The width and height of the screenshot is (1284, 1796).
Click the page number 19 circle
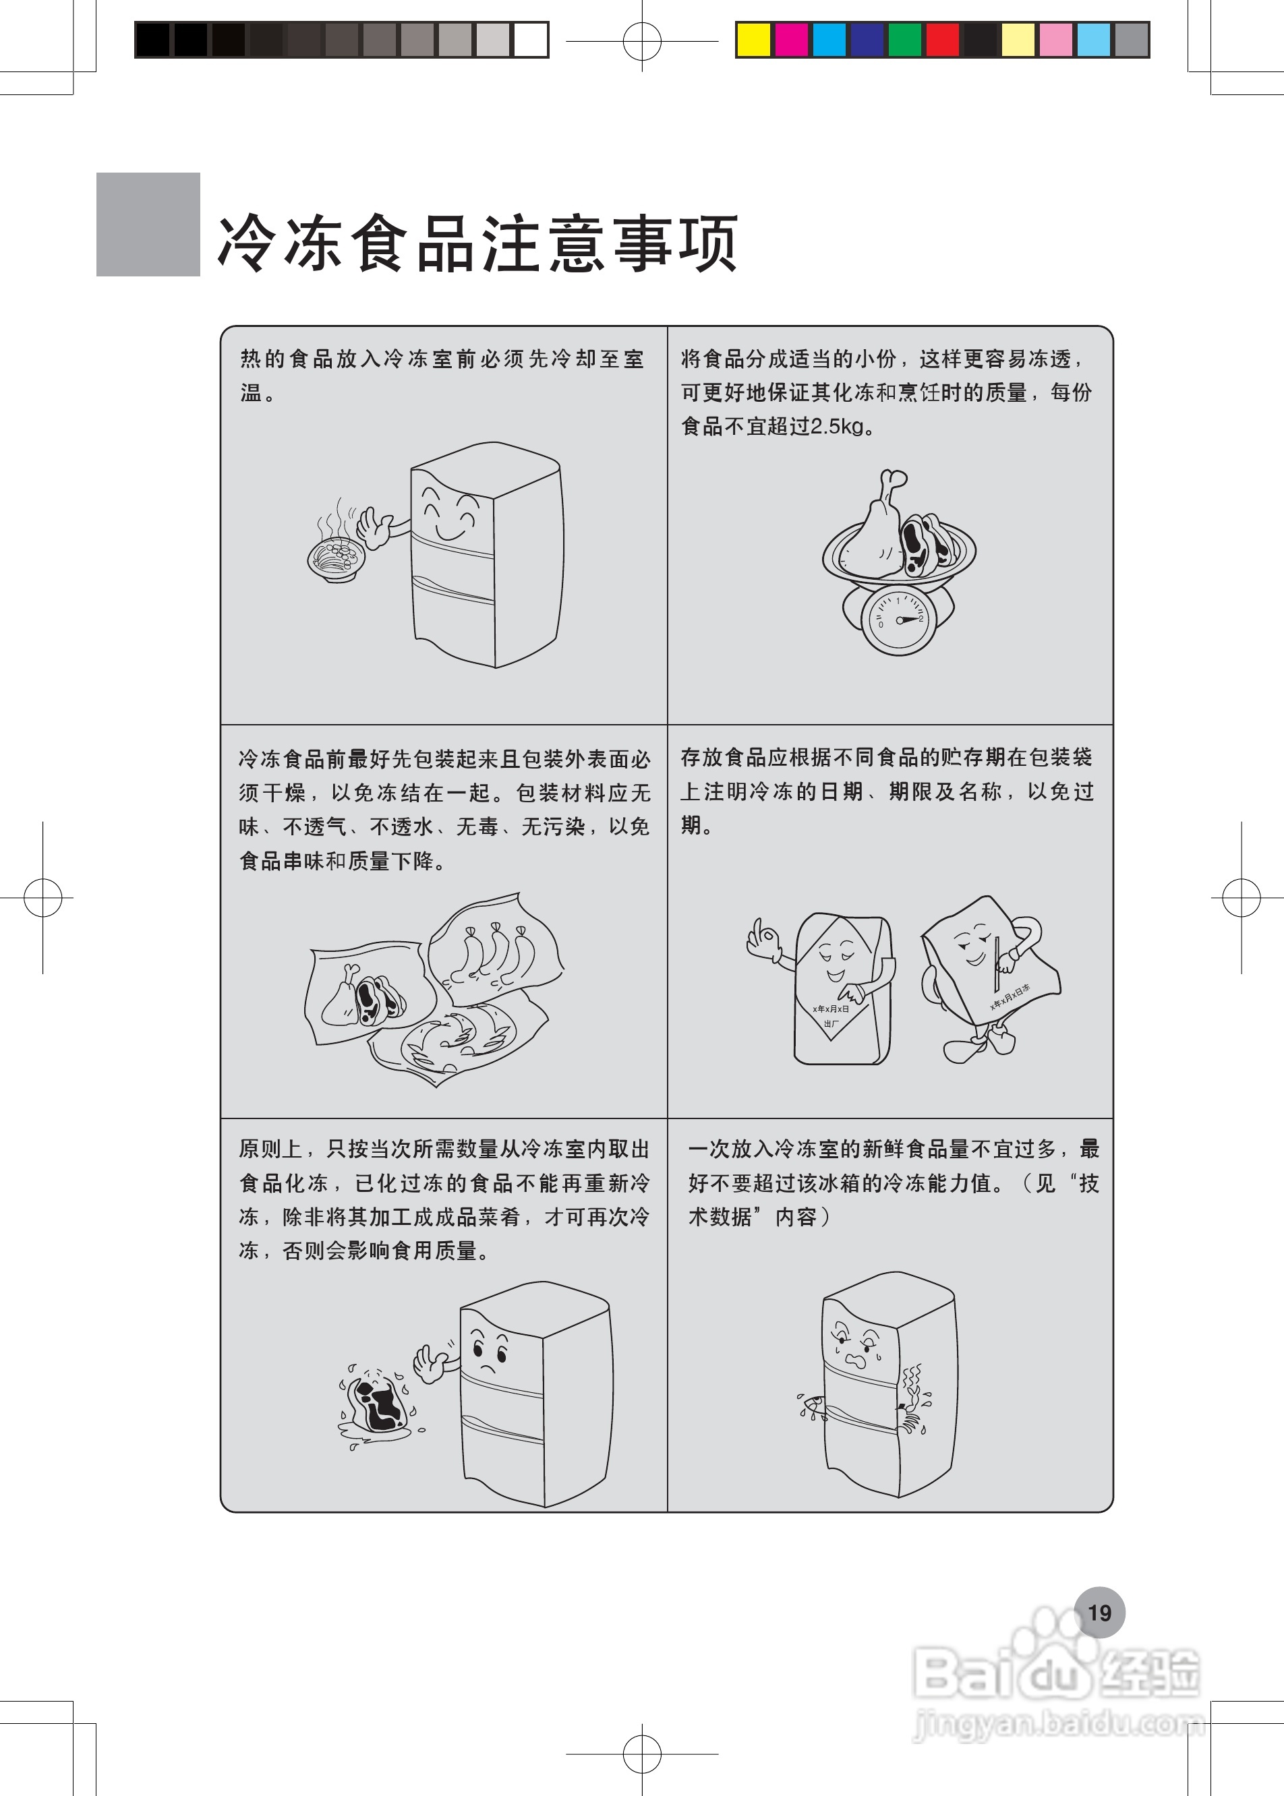click(x=1099, y=1612)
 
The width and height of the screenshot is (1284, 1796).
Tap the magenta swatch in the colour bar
click(x=790, y=40)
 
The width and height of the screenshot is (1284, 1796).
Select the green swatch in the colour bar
click(x=904, y=40)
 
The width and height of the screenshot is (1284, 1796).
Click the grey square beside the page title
click(x=148, y=224)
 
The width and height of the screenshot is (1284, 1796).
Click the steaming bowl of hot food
click(x=337, y=558)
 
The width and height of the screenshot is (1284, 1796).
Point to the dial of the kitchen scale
click(x=898, y=620)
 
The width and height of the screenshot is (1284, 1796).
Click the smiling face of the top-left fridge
click(x=448, y=514)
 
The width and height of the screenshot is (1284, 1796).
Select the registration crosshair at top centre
click(x=642, y=40)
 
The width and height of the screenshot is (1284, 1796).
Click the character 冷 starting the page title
click(x=246, y=243)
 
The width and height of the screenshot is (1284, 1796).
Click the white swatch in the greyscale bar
click(x=531, y=40)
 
